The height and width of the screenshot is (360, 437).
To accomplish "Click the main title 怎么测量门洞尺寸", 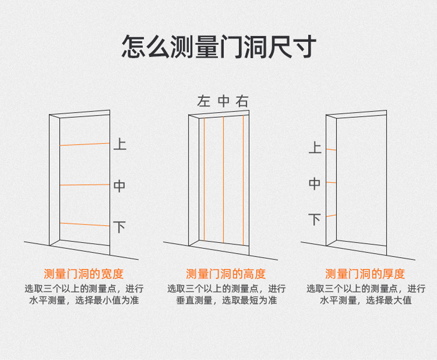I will point(218,47).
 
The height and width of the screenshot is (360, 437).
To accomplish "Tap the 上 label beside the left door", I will point(119,144).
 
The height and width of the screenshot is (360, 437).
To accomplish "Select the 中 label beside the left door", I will point(119,186).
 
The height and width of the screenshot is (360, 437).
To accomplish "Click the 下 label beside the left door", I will point(119,227).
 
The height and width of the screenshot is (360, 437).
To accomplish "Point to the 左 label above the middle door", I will point(204,101).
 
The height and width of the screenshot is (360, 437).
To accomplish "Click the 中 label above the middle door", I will point(223,101).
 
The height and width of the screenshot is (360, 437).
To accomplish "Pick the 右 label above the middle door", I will point(242,101).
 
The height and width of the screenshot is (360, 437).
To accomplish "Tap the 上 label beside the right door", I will point(314,148).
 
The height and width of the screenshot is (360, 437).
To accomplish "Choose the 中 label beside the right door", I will point(314,184).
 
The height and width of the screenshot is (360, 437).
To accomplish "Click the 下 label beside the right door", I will point(314,220).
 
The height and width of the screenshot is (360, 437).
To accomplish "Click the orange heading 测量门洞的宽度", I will point(84,274).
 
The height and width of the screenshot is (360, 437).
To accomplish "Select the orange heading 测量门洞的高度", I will point(226,274).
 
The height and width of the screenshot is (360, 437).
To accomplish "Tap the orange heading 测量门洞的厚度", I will point(365,274).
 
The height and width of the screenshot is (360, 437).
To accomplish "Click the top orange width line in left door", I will point(85,144).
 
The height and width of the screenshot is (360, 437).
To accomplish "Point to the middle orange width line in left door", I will point(85,185).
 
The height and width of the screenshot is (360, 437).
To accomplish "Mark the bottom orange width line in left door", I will point(85,224).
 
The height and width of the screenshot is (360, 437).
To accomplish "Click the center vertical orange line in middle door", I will point(223,180).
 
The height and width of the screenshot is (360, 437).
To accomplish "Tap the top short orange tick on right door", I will point(331,149).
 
